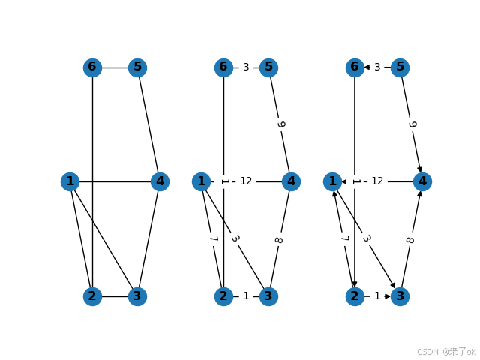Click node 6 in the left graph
pos(92,67)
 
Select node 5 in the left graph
pos(137,67)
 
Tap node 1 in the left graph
pos(70,181)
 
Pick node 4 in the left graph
pos(160,181)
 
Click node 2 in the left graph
pos(92,296)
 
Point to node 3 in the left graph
pos(137,296)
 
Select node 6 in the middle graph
pos(223,67)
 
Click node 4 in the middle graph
pos(291,181)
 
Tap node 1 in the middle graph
pos(201,181)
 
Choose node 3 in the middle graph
pos(268,296)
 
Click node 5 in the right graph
pos(400,67)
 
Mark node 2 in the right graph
pos(355,296)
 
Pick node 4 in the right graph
pos(422,181)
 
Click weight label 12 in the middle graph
pos(246,181)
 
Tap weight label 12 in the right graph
pos(377,181)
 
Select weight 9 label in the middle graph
pos(280,124)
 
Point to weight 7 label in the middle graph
pos(212,239)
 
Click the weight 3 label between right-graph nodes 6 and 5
pos(377,67)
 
